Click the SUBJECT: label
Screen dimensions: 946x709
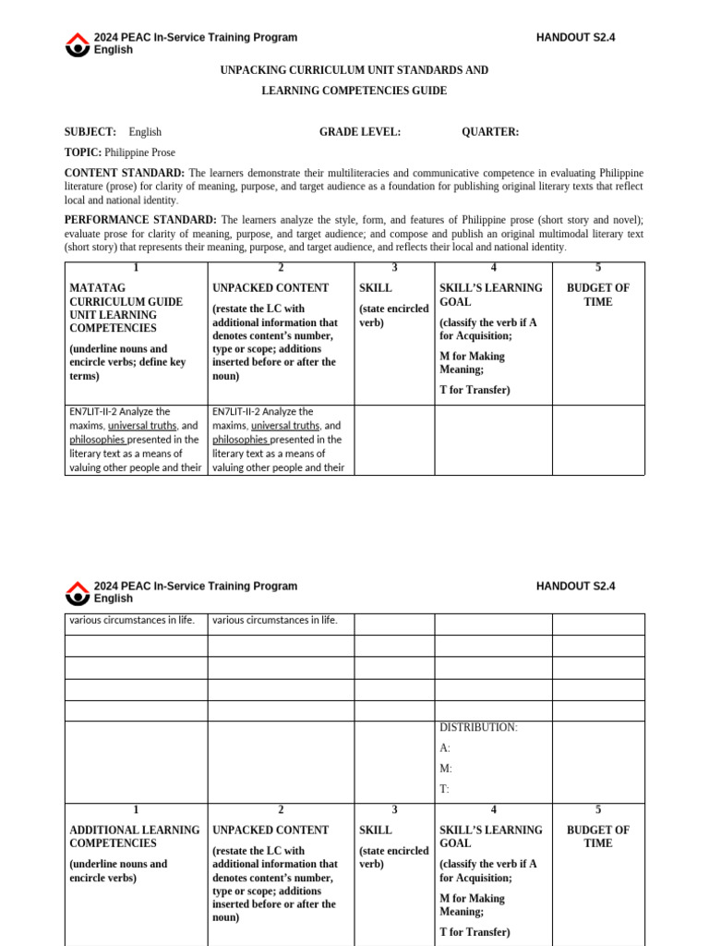pyautogui.click(x=90, y=132)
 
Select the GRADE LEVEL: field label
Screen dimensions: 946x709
pyautogui.click(x=360, y=132)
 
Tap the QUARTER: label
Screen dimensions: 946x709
pyautogui.click(x=490, y=132)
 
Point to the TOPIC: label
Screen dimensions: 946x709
pyautogui.click(x=83, y=152)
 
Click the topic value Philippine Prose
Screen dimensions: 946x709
pyautogui.click(x=140, y=152)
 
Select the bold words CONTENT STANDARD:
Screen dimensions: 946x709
pyautogui.click(x=124, y=173)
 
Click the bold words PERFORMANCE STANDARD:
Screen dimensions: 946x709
pyautogui.click(x=140, y=220)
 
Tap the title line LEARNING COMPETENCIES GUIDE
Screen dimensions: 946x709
pyautogui.click(x=354, y=91)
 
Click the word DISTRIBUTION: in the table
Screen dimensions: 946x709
pyautogui.click(x=478, y=728)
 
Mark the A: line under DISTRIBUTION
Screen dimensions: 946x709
pyautogui.click(x=445, y=748)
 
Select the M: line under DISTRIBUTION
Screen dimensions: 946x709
pyautogui.click(x=446, y=769)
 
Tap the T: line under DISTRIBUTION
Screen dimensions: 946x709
pyautogui.click(x=444, y=789)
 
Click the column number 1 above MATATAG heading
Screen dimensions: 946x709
pyautogui.click(x=136, y=268)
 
